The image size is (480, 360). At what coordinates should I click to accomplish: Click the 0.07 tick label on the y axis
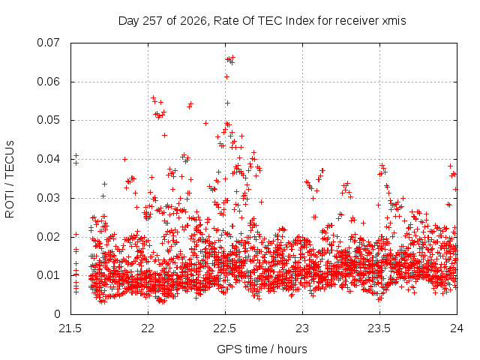(49, 43)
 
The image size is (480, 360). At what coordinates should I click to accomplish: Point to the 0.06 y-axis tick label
(49, 82)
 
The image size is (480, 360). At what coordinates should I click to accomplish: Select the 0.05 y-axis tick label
(49, 120)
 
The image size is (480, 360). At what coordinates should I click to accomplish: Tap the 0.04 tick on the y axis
(49, 159)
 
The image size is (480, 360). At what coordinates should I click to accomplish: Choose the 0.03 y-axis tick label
(49, 198)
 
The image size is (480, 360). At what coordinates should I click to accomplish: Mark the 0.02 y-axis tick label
(49, 237)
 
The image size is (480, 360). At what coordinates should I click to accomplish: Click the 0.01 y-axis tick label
(49, 275)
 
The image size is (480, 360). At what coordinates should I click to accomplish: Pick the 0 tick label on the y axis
(57, 314)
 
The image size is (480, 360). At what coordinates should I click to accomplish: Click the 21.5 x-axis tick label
(70, 328)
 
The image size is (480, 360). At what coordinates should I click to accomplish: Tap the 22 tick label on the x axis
(148, 328)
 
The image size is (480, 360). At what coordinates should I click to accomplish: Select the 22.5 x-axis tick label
(225, 328)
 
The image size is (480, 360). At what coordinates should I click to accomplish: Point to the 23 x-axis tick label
(303, 328)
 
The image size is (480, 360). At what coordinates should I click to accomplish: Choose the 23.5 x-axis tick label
(380, 328)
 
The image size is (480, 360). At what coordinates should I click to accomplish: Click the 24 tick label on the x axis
(457, 328)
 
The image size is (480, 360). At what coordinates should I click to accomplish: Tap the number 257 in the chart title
(153, 21)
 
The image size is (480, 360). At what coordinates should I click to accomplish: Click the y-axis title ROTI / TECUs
(10, 179)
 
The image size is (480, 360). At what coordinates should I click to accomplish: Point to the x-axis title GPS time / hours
(262, 349)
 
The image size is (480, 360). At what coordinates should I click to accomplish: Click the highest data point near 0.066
(233, 57)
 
